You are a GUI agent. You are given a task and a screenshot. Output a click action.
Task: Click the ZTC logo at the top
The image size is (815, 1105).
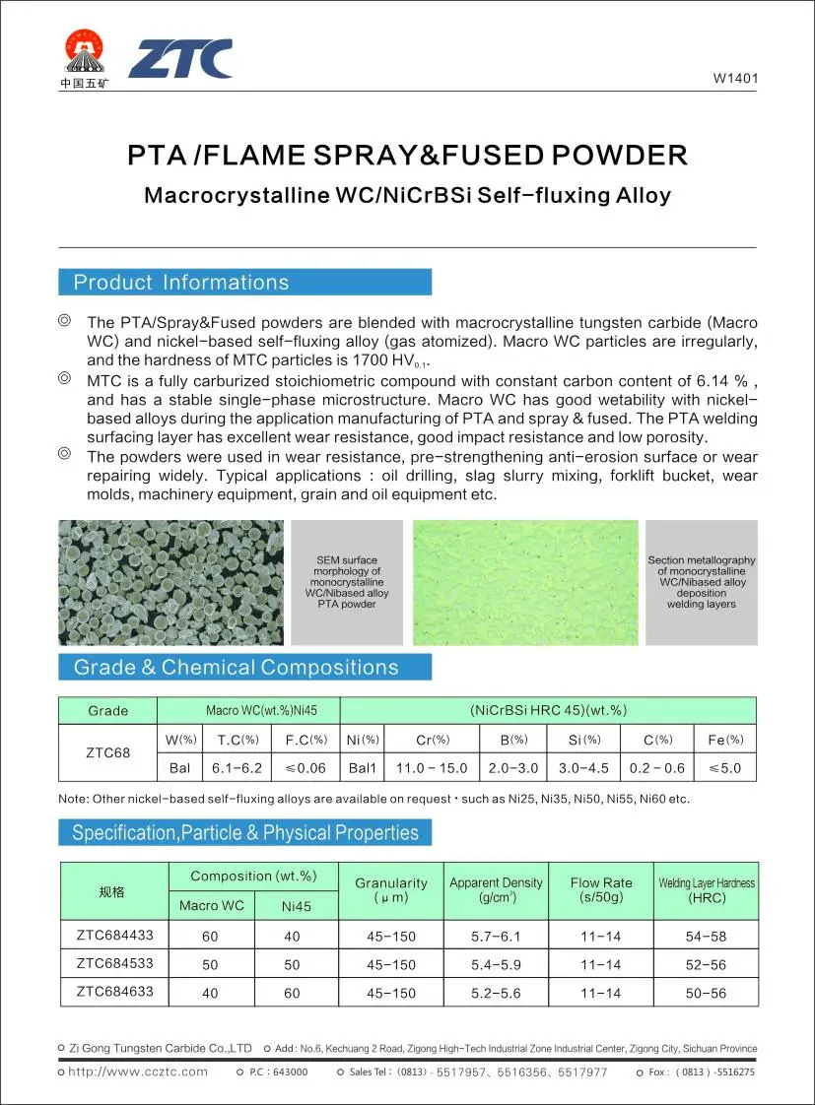point(180,59)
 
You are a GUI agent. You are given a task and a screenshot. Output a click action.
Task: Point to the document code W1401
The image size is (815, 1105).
point(734,80)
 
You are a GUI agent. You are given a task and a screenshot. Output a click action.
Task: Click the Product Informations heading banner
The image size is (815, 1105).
point(244,283)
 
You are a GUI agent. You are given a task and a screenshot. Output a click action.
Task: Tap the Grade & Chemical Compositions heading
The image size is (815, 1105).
point(244,668)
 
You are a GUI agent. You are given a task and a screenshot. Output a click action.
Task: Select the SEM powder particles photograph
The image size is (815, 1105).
point(170,582)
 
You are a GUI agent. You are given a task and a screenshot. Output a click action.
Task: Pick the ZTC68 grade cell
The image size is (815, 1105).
point(107,752)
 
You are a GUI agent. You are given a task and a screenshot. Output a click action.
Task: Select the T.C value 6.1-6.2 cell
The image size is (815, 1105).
point(237,768)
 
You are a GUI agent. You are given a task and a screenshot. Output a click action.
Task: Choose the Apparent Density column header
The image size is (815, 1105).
point(496,890)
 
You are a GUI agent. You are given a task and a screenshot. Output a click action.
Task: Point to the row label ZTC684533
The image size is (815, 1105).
point(115,963)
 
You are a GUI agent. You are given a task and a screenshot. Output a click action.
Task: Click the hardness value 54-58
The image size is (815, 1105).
point(706,937)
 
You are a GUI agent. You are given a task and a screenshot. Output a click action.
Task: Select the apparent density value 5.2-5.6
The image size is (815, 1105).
point(497,993)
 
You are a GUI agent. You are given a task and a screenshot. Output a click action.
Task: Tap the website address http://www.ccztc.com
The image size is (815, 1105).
point(138,1072)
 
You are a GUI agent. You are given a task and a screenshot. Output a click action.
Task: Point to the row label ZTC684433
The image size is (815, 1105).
point(115,935)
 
